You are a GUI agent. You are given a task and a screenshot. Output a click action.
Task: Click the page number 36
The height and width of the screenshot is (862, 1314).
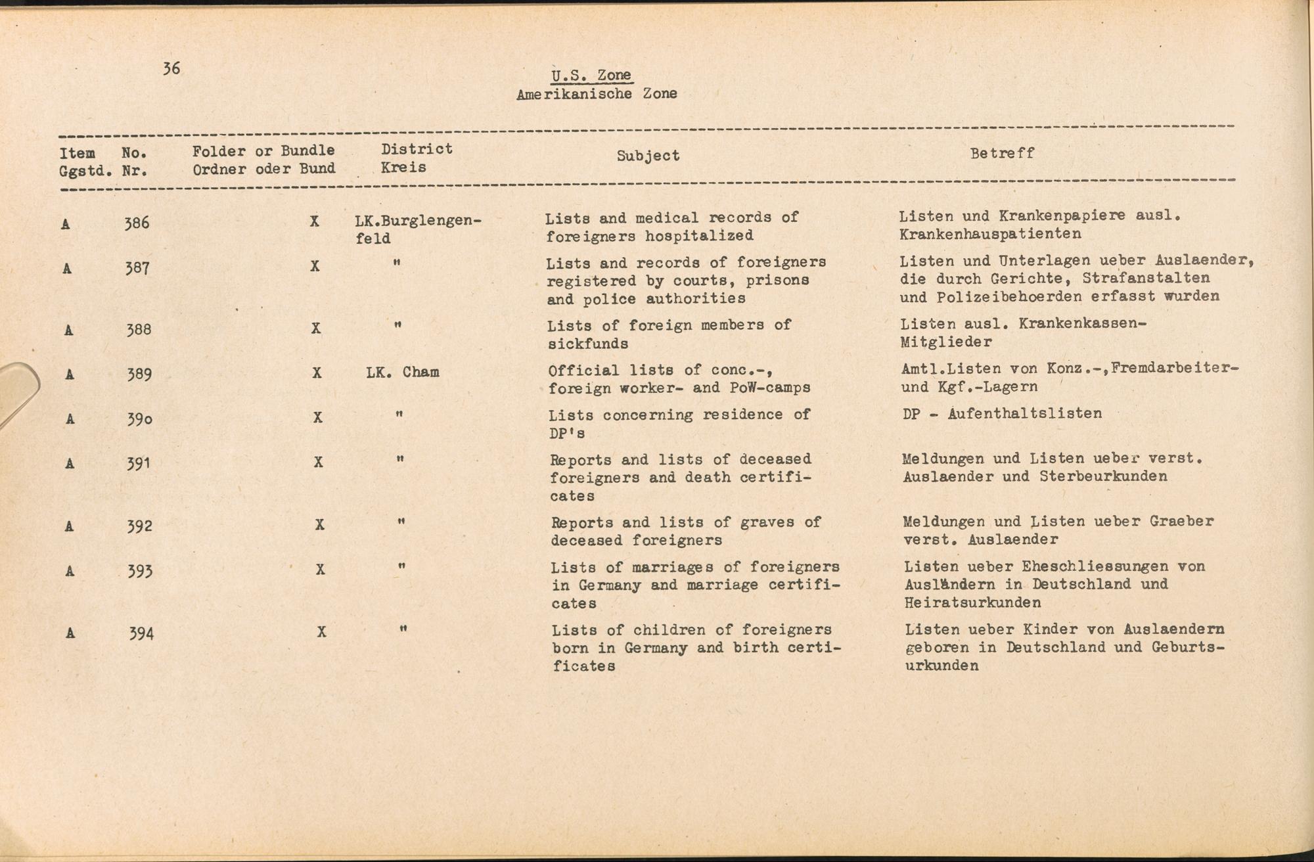coord(171,69)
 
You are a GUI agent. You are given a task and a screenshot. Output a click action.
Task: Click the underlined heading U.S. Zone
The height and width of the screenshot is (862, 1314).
coord(591,76)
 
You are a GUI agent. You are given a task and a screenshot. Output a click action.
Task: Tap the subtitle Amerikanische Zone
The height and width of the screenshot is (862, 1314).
coord(597,94)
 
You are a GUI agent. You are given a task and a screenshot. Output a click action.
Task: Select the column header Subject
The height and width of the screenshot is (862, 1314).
coord(648,156)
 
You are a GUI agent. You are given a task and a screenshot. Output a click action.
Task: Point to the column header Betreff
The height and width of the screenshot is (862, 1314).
coord(1002,153)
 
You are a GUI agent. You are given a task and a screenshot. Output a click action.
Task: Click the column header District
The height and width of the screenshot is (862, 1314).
coord(417,149)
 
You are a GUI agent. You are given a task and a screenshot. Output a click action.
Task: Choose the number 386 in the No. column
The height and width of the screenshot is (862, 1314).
coord(137,223)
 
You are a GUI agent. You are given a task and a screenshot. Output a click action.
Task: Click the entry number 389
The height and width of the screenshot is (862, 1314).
coord(139,374)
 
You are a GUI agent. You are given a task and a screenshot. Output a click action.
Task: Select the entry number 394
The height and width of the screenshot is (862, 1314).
coord(141,634)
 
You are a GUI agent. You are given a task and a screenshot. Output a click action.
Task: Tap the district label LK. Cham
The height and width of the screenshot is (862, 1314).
coord(403,373)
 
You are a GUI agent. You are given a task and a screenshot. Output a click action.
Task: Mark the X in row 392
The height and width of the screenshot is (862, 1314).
coord(320,525)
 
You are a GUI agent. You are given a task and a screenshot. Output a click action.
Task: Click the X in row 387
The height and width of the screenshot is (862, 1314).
coord(315,267)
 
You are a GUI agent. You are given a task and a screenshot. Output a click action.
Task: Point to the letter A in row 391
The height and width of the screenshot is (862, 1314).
coord(68,464)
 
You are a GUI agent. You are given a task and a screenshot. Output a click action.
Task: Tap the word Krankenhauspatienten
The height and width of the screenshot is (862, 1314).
coord(990,234)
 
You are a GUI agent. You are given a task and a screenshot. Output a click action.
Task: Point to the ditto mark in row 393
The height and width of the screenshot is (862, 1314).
coord(401,566)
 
